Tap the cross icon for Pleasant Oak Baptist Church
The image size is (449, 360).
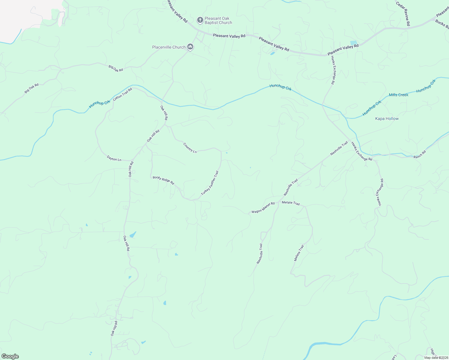(x=200, y=20)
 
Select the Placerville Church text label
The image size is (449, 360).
(x=169, y=47)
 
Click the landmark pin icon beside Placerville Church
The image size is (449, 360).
(x=190, y=47)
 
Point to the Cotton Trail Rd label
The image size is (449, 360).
(x=122, y=94)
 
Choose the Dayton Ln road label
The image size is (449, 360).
(x=114, y=158)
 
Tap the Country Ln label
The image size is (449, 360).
(x=190, y=148)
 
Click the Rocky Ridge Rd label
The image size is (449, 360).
(x=163, y=180)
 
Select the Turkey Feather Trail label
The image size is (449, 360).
(x=210, y=183)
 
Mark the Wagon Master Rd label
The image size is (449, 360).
(x=263, y=208)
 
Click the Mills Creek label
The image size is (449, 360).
(x=399, y=95)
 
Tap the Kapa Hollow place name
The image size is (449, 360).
(x=387, y=118)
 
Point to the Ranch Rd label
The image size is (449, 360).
(x=420, y=154)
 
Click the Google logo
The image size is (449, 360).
(x=10, y=356)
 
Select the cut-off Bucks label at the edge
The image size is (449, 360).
(x=442, y=25)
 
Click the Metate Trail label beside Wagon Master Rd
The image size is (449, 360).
(x=291, y=203)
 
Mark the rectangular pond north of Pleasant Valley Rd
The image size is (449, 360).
(x=354, y=43)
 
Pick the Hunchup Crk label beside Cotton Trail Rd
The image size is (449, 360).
(x=100, y=103)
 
